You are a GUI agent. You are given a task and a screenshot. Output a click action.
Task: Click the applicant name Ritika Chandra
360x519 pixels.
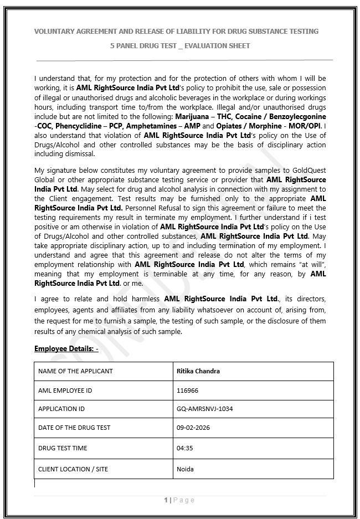(198, 371)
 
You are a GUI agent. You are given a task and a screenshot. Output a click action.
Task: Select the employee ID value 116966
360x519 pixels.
(187, 390)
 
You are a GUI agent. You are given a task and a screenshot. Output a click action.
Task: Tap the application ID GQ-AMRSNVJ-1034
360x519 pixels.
(204, 409)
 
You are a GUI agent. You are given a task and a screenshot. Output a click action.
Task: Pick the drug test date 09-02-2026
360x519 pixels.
(193, 428)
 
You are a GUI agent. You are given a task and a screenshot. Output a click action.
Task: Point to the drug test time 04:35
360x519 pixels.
(184, 448)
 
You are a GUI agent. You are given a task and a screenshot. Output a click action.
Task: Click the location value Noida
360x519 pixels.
(185, 469)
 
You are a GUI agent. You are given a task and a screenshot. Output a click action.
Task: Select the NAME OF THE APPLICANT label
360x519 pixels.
(75, 371)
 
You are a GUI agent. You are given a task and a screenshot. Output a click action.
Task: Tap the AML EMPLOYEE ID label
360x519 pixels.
(65, 390)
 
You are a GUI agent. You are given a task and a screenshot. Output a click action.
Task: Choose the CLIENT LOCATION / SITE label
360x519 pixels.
(73, 469)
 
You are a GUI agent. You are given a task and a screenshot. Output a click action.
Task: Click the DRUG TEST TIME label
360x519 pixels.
(63, 448)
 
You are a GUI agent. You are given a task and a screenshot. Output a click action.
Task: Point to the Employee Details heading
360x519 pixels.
(66, 348)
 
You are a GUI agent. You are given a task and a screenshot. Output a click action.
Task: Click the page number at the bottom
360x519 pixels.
(166, 500)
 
